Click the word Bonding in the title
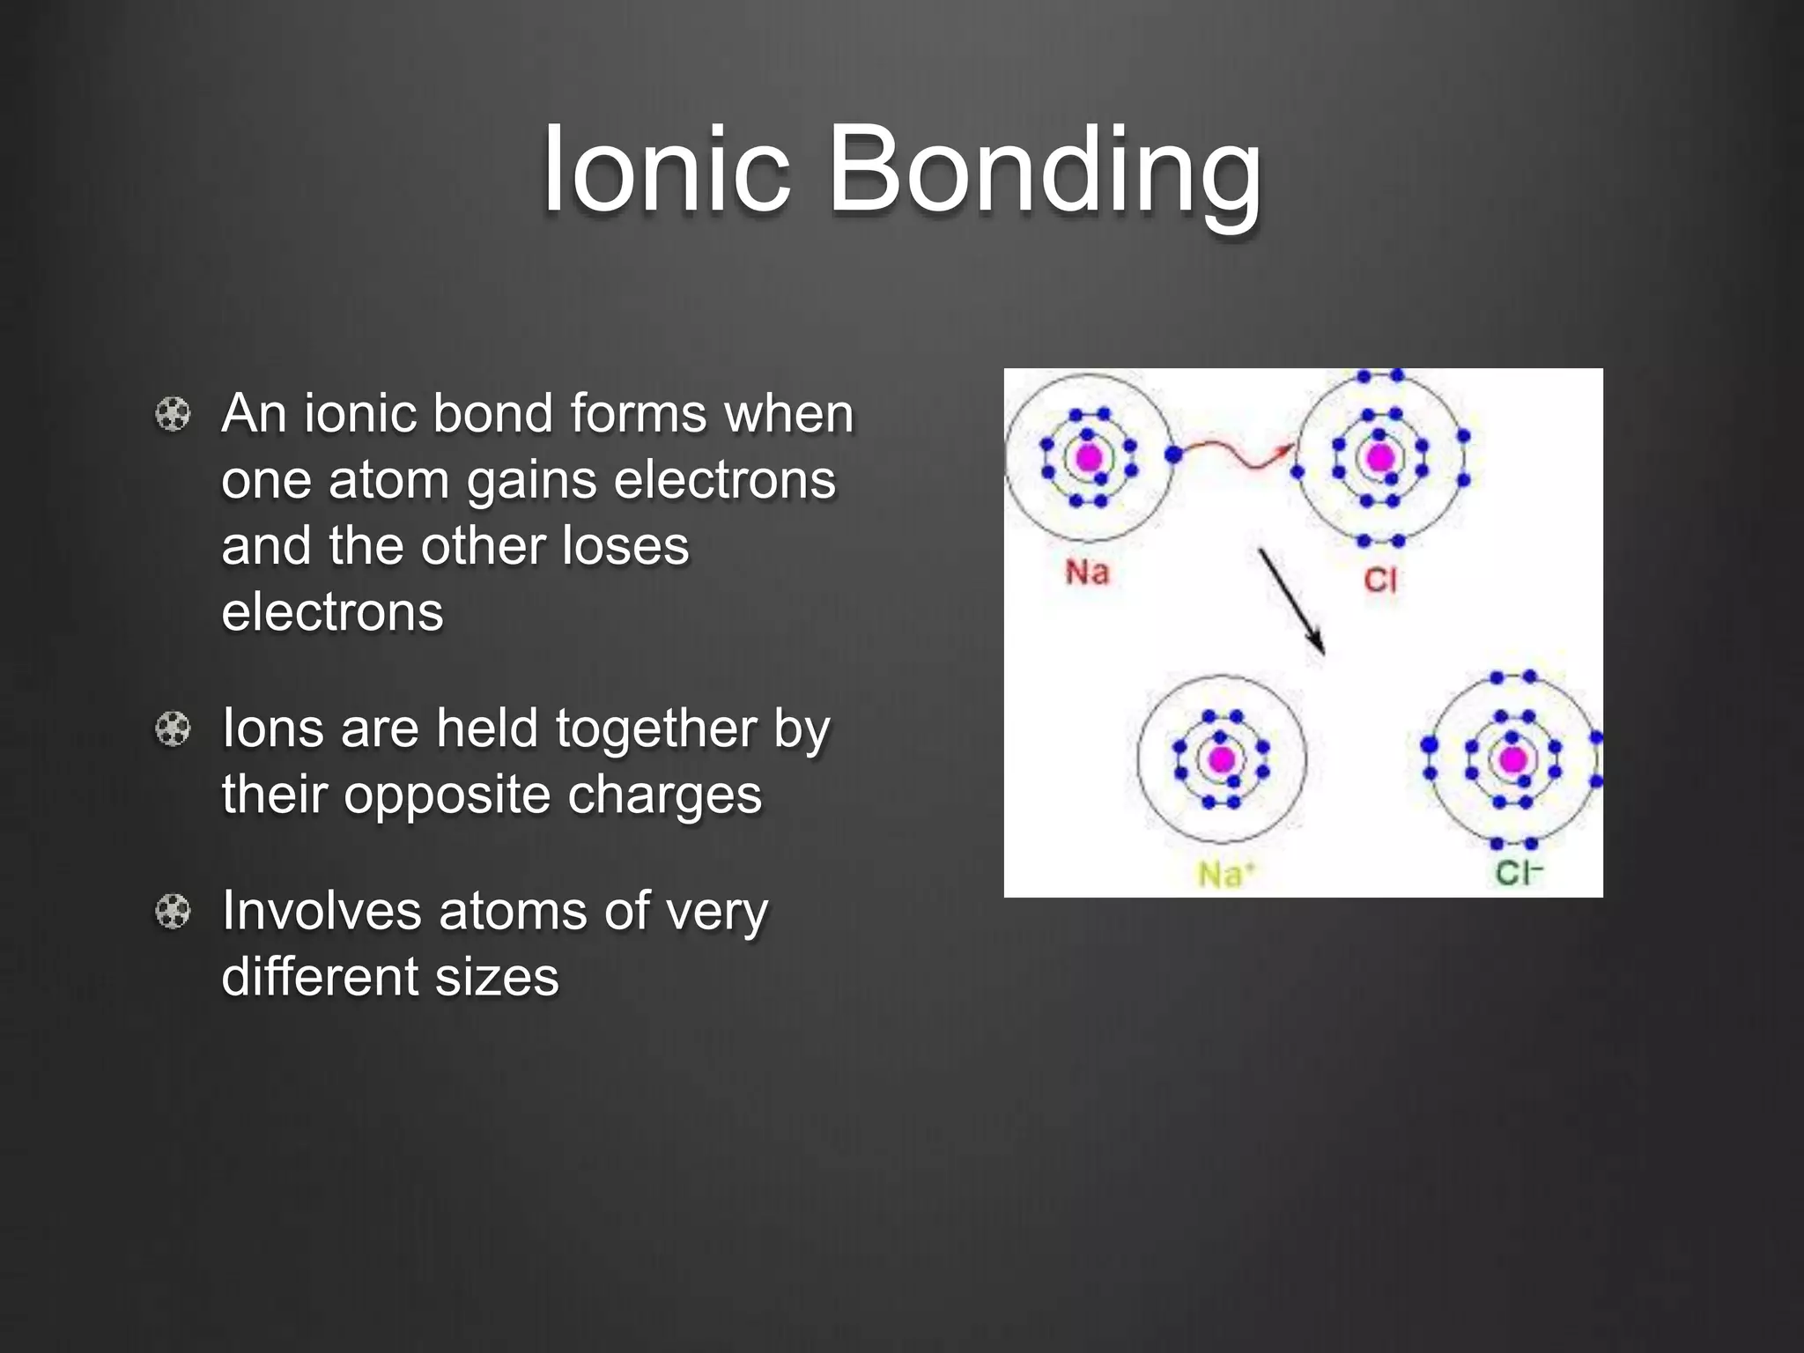point(1045,172)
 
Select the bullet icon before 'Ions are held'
point(173,728)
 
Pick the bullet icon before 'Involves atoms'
point(173,911)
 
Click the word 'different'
point(319,977)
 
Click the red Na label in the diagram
point(1087,573)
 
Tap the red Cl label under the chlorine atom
point(1379,580)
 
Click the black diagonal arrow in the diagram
point(1291,602)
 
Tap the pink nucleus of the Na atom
point(1089,458)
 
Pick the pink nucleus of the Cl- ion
point(1512,759)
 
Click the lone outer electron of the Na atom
point(1172,455)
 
